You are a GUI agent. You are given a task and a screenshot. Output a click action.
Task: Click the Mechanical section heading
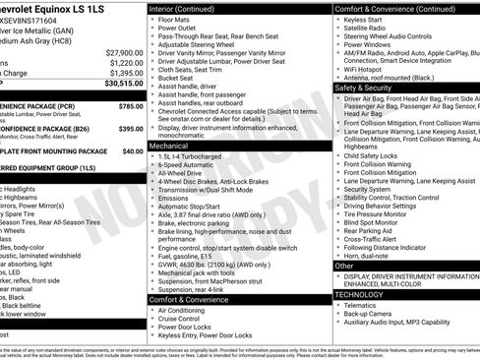169,144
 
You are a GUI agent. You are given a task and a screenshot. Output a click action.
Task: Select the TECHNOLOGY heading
363,294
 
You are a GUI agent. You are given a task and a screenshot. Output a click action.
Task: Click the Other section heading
344,266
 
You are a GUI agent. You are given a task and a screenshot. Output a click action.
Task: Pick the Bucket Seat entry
179,77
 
